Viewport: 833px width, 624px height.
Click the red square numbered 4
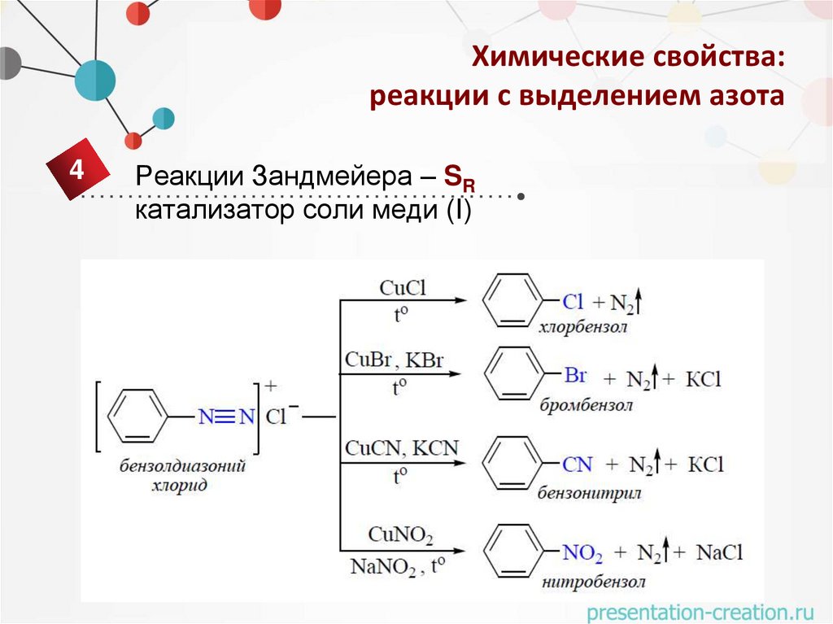coord(76,171)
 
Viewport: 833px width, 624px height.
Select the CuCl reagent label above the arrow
coord(403,288)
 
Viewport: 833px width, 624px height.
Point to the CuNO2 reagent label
coord(400,535)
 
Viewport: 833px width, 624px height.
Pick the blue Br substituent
coord(575,376)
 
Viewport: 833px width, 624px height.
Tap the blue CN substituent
coord(578,465)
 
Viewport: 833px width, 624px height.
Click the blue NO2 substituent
coord(582,554)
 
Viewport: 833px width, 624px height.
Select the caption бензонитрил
coord(589,493)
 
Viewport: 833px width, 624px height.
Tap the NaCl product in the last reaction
coord(719,553)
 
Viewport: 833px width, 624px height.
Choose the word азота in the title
coord(747,98)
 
